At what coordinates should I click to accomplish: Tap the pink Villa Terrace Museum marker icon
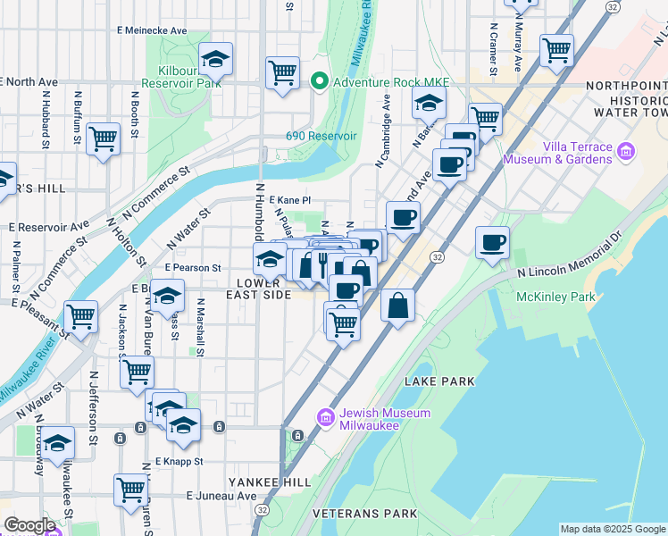[626, 153]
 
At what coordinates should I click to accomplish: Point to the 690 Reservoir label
[321, 136]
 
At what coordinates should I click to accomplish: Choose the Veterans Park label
[365, 514]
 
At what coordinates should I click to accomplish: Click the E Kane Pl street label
[288, 201]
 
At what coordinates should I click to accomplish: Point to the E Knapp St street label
[180, 462]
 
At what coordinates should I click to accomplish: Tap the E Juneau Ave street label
[221, 496]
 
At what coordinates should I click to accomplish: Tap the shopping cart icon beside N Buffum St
[104, 138]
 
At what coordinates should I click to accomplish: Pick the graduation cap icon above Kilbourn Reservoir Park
[215, 58]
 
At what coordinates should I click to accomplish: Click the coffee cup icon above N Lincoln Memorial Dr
[492, 241]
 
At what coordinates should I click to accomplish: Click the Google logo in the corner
[29, 525]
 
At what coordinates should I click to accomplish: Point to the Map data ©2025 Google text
[612, 529]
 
